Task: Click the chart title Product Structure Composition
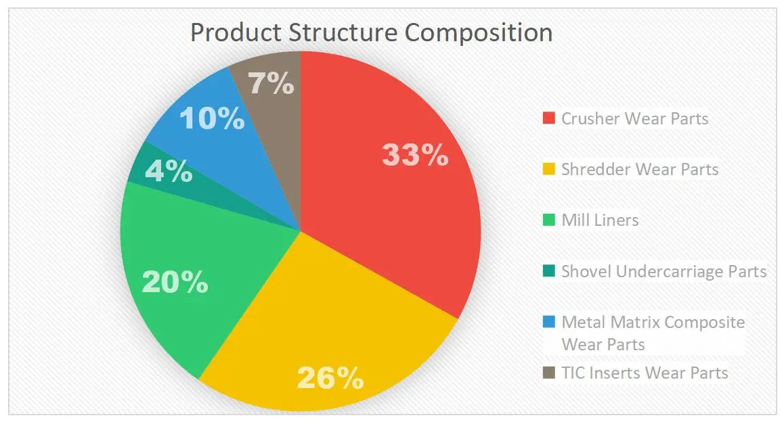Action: pyautogui.click(x=371, y=32)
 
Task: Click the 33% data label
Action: pyautogui.click(x=414, y=155)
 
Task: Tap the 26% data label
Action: pyautogui.click(x=330, y=379)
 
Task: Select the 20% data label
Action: pyautogui.click(x=174, y=282)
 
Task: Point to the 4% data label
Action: pyautogui.click(x=169, y=171)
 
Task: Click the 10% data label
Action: pyautogui.click(x=211, y=119)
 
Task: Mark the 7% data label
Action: pyautogui.click(x=271, y=85)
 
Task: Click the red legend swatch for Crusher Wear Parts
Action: pyautogui.click(x=548, y=119)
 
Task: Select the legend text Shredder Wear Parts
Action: pyautogui.click(x=640, y=169)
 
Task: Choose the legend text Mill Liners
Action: pyautogui.click(x=600, y=220)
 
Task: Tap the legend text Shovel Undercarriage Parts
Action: pyautogui.click(x=664, y=271)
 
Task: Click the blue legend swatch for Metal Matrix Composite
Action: pyautogui.click(x=548, y=323)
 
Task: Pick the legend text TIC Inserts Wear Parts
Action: pyautogui.click(x=645, y=373)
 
